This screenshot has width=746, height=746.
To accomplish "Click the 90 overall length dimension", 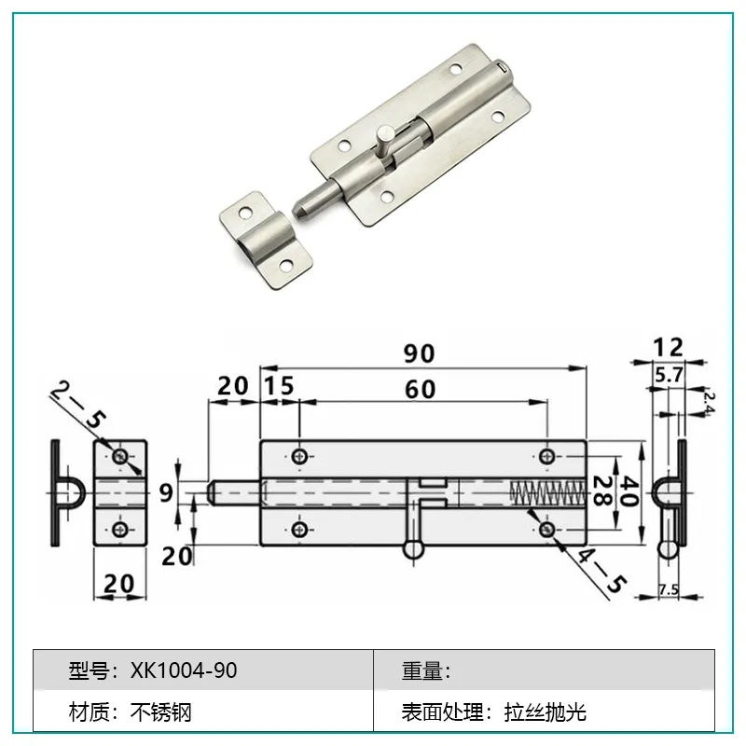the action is coord(419,353).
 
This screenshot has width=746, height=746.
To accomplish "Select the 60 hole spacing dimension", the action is coord(421,390).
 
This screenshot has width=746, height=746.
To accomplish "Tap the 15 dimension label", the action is coord(279,386).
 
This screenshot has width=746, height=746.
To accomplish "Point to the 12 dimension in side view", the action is coord(668,347).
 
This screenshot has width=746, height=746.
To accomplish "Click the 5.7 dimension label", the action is coord(669,376).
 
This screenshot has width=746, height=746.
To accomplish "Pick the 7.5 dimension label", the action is coord(669,590).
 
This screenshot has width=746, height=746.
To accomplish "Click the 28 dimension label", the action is coord(602,491).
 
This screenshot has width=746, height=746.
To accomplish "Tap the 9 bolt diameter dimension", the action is coord(166,493).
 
